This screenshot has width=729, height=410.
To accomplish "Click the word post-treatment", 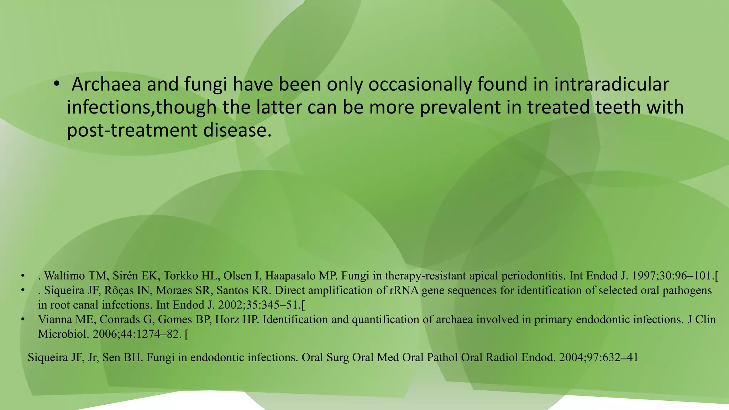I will coord(132,130).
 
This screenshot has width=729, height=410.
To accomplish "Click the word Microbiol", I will coord(63,334).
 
